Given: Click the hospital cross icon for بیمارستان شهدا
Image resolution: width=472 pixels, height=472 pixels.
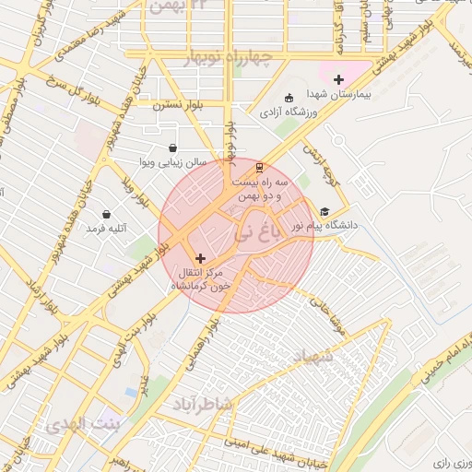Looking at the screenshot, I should [338, 80].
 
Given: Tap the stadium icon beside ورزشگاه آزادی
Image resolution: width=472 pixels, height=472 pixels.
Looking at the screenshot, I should [289, 99].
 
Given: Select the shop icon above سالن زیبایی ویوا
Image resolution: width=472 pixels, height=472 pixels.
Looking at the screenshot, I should [172, 147].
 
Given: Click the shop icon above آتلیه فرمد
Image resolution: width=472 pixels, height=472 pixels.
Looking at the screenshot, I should [107, 214].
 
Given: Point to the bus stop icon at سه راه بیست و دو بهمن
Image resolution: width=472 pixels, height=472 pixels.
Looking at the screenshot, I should [259, 168].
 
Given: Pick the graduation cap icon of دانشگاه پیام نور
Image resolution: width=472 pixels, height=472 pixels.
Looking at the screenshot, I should [324, 211].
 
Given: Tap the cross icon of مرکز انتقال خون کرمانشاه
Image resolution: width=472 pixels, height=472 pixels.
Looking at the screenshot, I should [201, 259].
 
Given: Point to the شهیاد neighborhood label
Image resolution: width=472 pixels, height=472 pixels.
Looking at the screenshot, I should [317, 356].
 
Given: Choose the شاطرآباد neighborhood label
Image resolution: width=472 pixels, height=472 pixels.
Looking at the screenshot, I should [204, 404].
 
